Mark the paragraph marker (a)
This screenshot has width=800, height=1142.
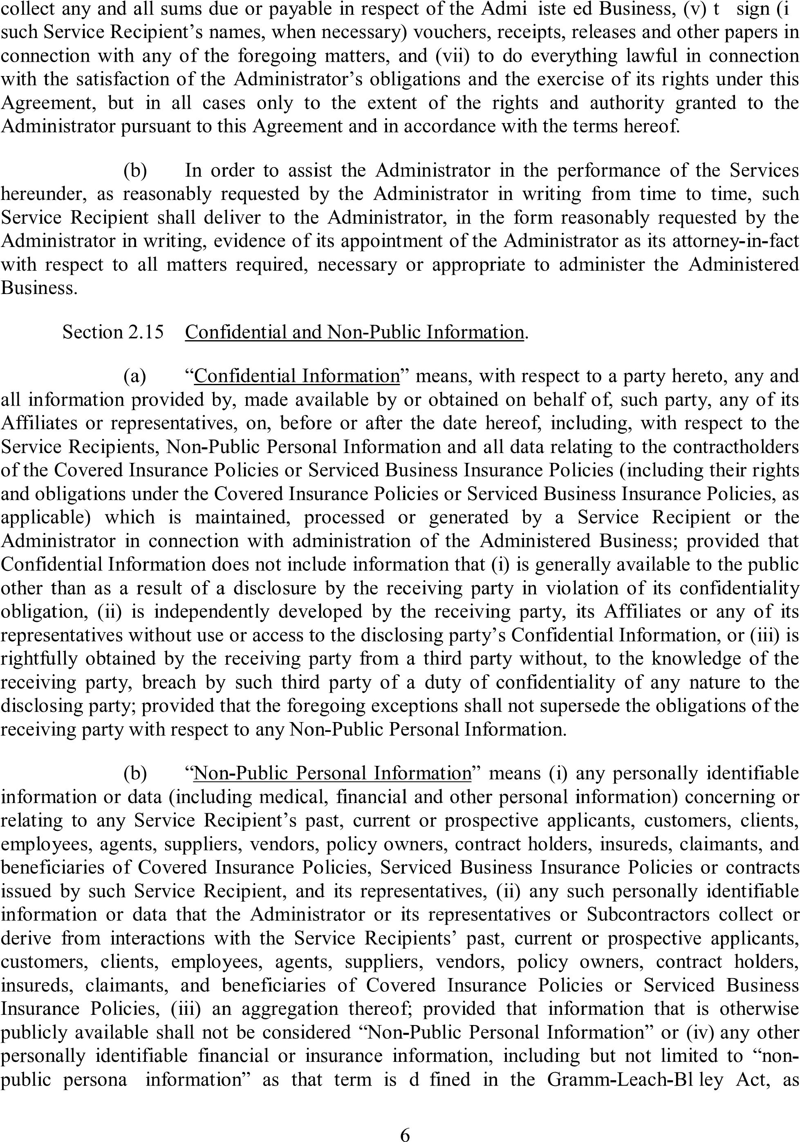[x=135, y=376]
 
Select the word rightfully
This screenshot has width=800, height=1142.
[x=39, y=659]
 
